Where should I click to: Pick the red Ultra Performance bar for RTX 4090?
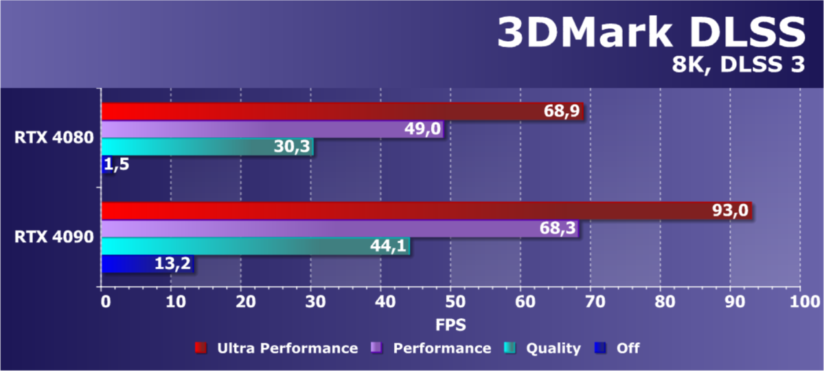tap(412, 211)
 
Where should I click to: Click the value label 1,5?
tap(116, 165)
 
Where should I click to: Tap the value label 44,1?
tap(388, 246)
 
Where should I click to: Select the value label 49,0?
tap(422, 129)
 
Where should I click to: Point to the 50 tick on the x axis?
tap(451, 301)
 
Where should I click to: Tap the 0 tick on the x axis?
tap(103, 301)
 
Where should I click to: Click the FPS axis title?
tap(451, 322)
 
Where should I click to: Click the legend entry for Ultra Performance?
tap(287, 348)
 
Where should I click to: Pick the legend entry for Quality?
tap(553, 348)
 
